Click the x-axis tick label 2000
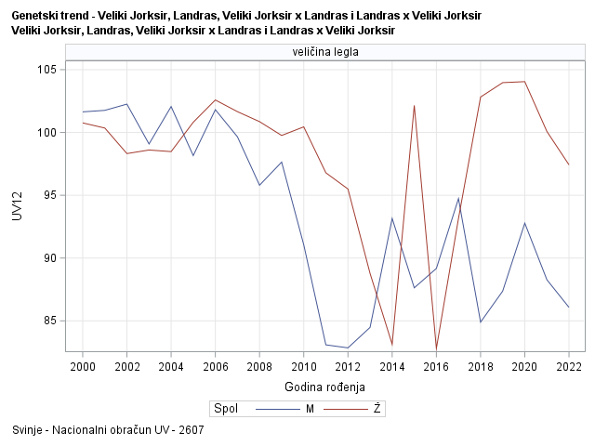[x=83, y=366]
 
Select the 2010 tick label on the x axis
[x=303, y=366]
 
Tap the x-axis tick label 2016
[x=436, y=366]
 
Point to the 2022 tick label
[x=568, y=366]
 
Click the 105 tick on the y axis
[x=47, y=70]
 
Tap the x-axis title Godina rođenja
[x=324, y=387]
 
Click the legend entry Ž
[x=377, y=408]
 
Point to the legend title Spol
[x=226, y=408]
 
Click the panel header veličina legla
[x=325, y=53]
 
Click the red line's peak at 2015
[x=414, y=106]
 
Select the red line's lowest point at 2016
[x=436, y=348]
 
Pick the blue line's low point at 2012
[x=348, y=348]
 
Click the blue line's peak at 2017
[x=458, y=198]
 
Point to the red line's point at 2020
[x=524, y=82]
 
